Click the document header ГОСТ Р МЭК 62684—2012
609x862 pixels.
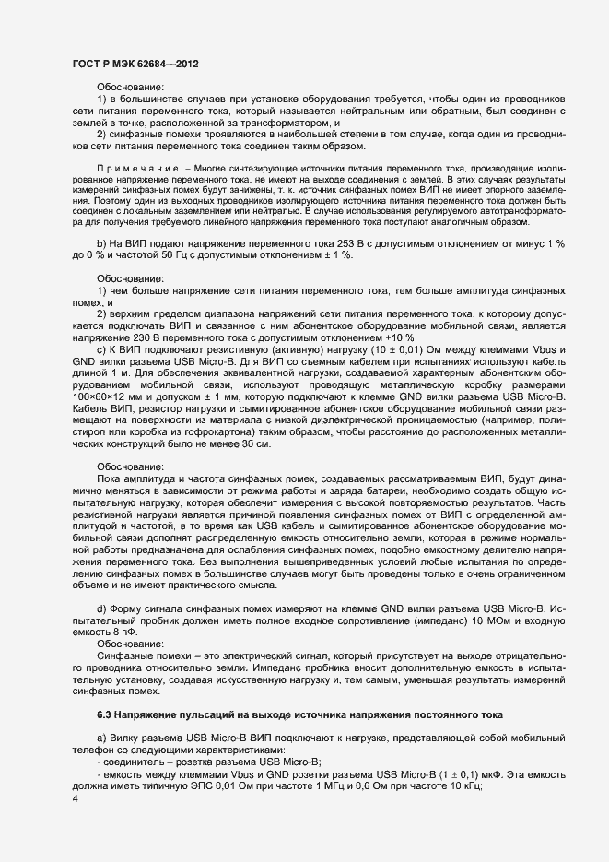click(134, 64)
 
